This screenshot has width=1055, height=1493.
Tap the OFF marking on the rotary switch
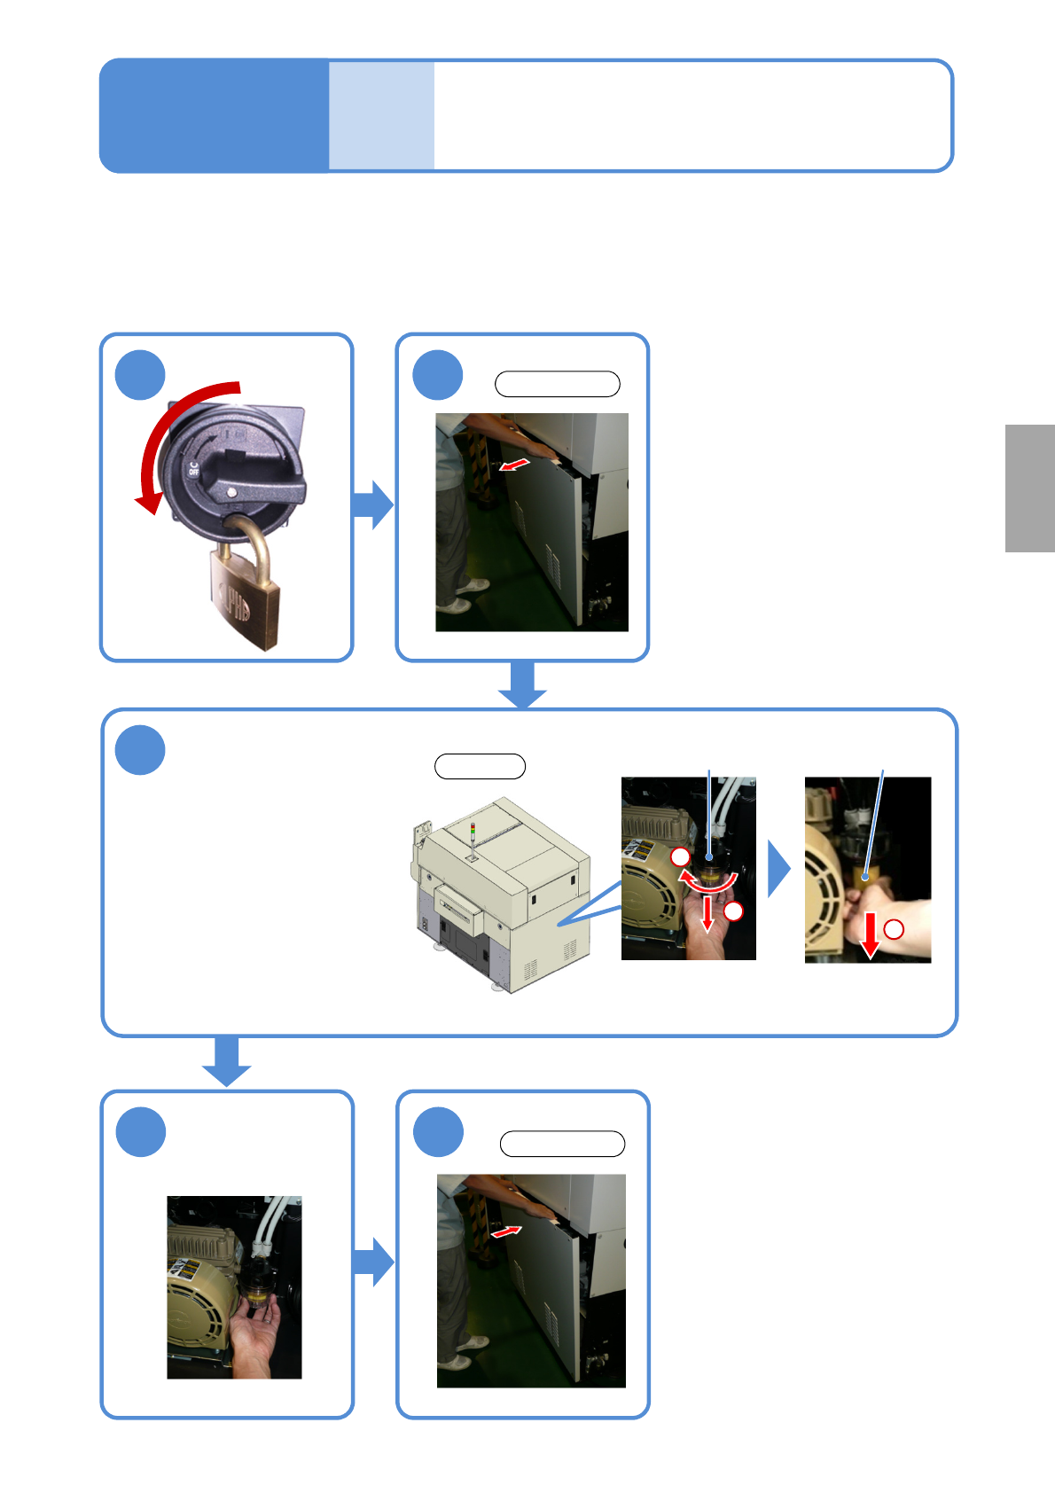pos(193,468)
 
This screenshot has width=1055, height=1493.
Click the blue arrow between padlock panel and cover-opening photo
pos(372,504)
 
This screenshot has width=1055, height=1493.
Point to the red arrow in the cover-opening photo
pos(514,465)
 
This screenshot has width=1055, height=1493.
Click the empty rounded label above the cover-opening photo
pos(557,384)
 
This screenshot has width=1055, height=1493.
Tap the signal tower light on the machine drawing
pos(473,838)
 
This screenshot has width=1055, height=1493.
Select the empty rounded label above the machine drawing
pos(480,766)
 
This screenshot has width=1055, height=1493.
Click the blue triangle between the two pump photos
pos(778,870)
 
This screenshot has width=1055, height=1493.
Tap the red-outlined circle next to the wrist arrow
pos(894,928)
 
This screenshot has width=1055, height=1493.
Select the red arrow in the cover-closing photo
pos(505,1231)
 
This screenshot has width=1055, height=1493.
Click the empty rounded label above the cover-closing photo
pos(562,1144)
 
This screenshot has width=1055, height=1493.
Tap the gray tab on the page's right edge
pos(1029,489)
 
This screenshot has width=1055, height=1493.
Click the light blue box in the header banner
pos(381,115)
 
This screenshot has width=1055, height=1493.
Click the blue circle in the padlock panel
pos(140,375)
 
